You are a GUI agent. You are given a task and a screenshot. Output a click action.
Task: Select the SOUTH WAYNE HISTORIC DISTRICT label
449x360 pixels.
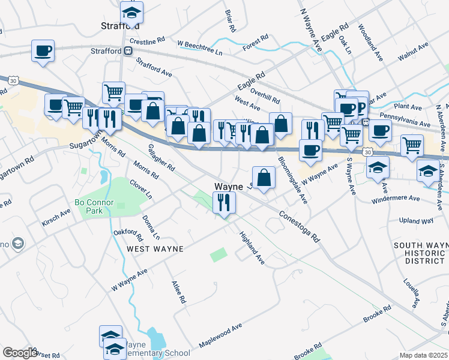tap(420, 253)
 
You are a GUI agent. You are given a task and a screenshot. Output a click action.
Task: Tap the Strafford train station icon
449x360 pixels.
tap(128, 51)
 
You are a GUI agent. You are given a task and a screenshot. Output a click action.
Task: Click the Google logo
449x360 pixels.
tap(20, 353)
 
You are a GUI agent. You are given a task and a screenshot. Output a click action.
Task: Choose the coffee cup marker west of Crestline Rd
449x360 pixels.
tap(43, 51)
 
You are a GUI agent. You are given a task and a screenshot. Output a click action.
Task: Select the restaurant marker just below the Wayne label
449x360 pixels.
tap(223, 203)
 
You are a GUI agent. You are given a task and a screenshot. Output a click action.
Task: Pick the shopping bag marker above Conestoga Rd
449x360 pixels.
tap(264, 178)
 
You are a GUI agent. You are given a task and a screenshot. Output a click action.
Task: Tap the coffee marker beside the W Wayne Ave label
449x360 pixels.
tap(310, 150)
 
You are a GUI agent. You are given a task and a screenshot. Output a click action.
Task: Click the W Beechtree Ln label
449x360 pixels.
tap(200, 48)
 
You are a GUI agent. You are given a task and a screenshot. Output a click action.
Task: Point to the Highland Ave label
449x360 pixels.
tap(252, 248)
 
